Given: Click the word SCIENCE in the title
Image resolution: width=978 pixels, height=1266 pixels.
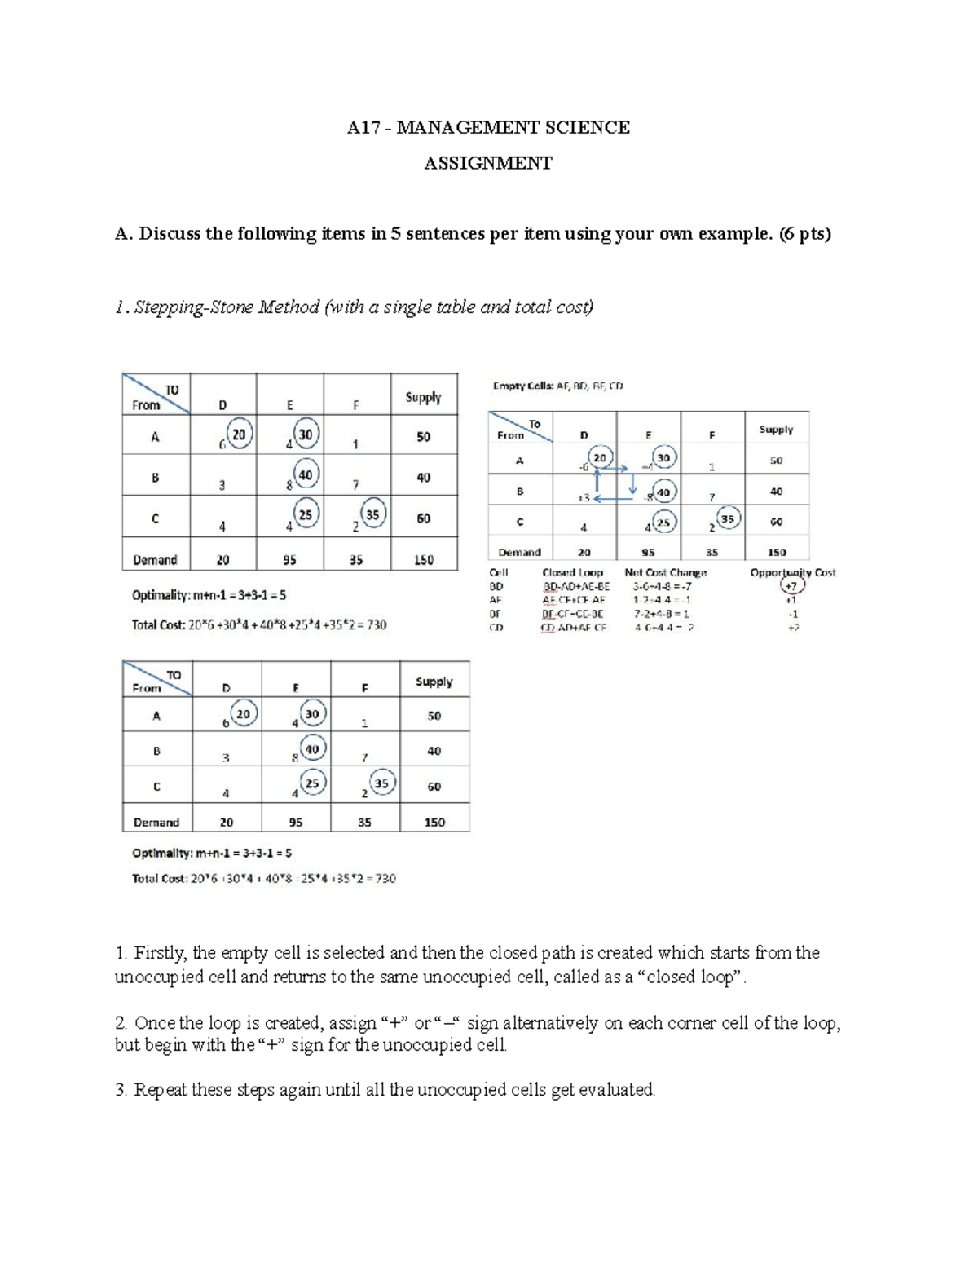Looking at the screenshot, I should pos(593,128).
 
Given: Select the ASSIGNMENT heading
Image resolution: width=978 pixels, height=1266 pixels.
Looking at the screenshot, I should pos(487,164).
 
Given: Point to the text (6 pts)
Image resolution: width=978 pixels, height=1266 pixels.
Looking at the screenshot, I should pos(804,235).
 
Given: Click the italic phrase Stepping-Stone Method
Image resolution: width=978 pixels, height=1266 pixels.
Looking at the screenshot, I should pos(226,307).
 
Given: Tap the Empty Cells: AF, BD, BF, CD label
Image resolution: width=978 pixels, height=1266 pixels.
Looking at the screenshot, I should pos(557,386).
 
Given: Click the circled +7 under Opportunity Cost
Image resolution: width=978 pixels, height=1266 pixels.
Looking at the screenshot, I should pos(791,586).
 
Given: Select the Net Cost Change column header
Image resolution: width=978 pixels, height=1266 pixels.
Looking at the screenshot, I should pos(665,573).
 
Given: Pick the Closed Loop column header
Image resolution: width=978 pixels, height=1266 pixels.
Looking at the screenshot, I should pos(572,573).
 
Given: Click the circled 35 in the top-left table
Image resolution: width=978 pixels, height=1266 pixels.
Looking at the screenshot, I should pos(372,514).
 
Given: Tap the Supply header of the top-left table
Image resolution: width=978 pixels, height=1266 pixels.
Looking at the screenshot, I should pos(423,398).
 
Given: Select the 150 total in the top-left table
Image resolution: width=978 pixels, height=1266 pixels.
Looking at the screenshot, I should pos(423,561).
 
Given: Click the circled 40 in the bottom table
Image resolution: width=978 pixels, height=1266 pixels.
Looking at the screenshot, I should pos(312,748).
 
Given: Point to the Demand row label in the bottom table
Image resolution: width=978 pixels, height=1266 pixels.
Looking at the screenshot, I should pos(156,823).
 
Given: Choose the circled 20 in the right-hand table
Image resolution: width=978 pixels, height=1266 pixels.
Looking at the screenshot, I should pos(600,458).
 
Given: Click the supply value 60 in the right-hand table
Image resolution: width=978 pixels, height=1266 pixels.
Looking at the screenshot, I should pos(776,522).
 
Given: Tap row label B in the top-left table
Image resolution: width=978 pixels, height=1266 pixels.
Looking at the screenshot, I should pos(155,479).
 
